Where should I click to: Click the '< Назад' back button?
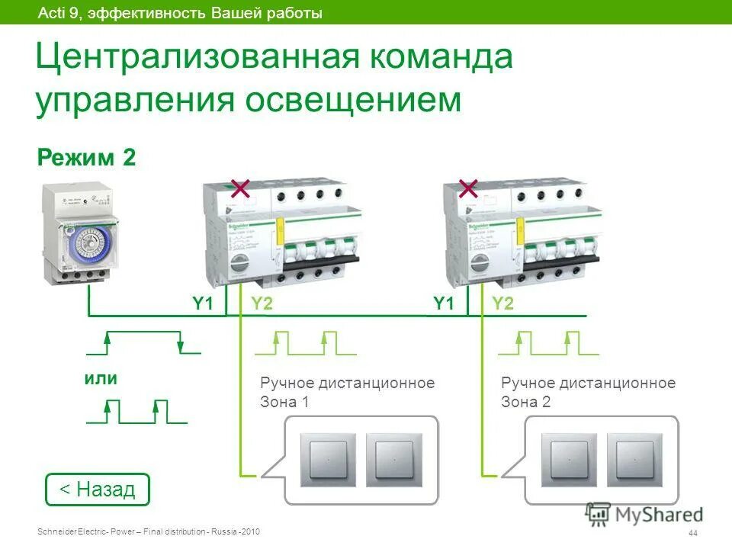[98, 489]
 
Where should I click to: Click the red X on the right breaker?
[468, 188]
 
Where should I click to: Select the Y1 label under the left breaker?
[202, 304]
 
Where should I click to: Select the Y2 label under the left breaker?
[262, 304]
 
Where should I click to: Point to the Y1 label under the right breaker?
[444, 304]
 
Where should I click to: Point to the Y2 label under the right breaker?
[502, 304]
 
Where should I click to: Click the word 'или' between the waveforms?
[101, 379]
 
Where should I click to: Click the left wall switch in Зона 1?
[328, 460]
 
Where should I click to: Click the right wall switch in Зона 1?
[393, 460]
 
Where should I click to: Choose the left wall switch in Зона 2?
[569, 460]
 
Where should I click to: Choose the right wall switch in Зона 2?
[635, 460]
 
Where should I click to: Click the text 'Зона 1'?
[284, 403]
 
